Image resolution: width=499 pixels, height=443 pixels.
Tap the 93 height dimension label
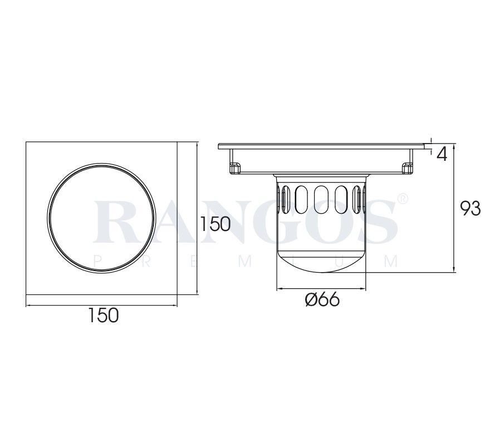click(470, 209)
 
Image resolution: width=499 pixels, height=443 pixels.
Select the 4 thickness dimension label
click(442, 154)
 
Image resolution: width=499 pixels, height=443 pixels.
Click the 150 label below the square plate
click(103, 315)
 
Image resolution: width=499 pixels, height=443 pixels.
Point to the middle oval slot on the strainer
click(321, 198)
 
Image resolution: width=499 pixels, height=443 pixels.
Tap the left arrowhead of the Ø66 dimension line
click(280, 289)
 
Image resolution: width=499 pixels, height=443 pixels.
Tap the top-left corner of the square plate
click(27, 142)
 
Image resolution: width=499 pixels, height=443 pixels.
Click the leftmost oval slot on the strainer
click(285, 197)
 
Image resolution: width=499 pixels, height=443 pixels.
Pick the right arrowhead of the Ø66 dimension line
click(365, 289)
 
